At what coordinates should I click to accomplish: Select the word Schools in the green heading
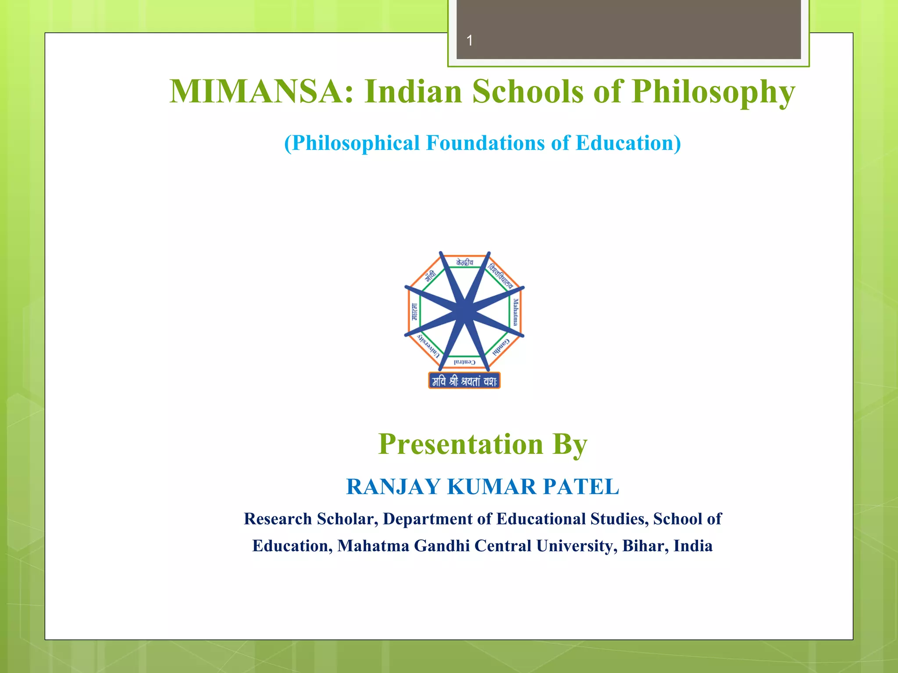(x=528, y=92)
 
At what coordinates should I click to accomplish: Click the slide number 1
(x=470, y=41)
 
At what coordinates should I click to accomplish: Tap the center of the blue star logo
(x=464, y=312)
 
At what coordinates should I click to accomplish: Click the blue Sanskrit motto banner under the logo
(x=464, y=381)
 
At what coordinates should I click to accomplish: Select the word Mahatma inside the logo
(x=516, y=312)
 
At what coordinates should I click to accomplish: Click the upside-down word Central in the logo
(x=464, y=362)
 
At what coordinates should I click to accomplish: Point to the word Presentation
(x=460, y=444)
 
